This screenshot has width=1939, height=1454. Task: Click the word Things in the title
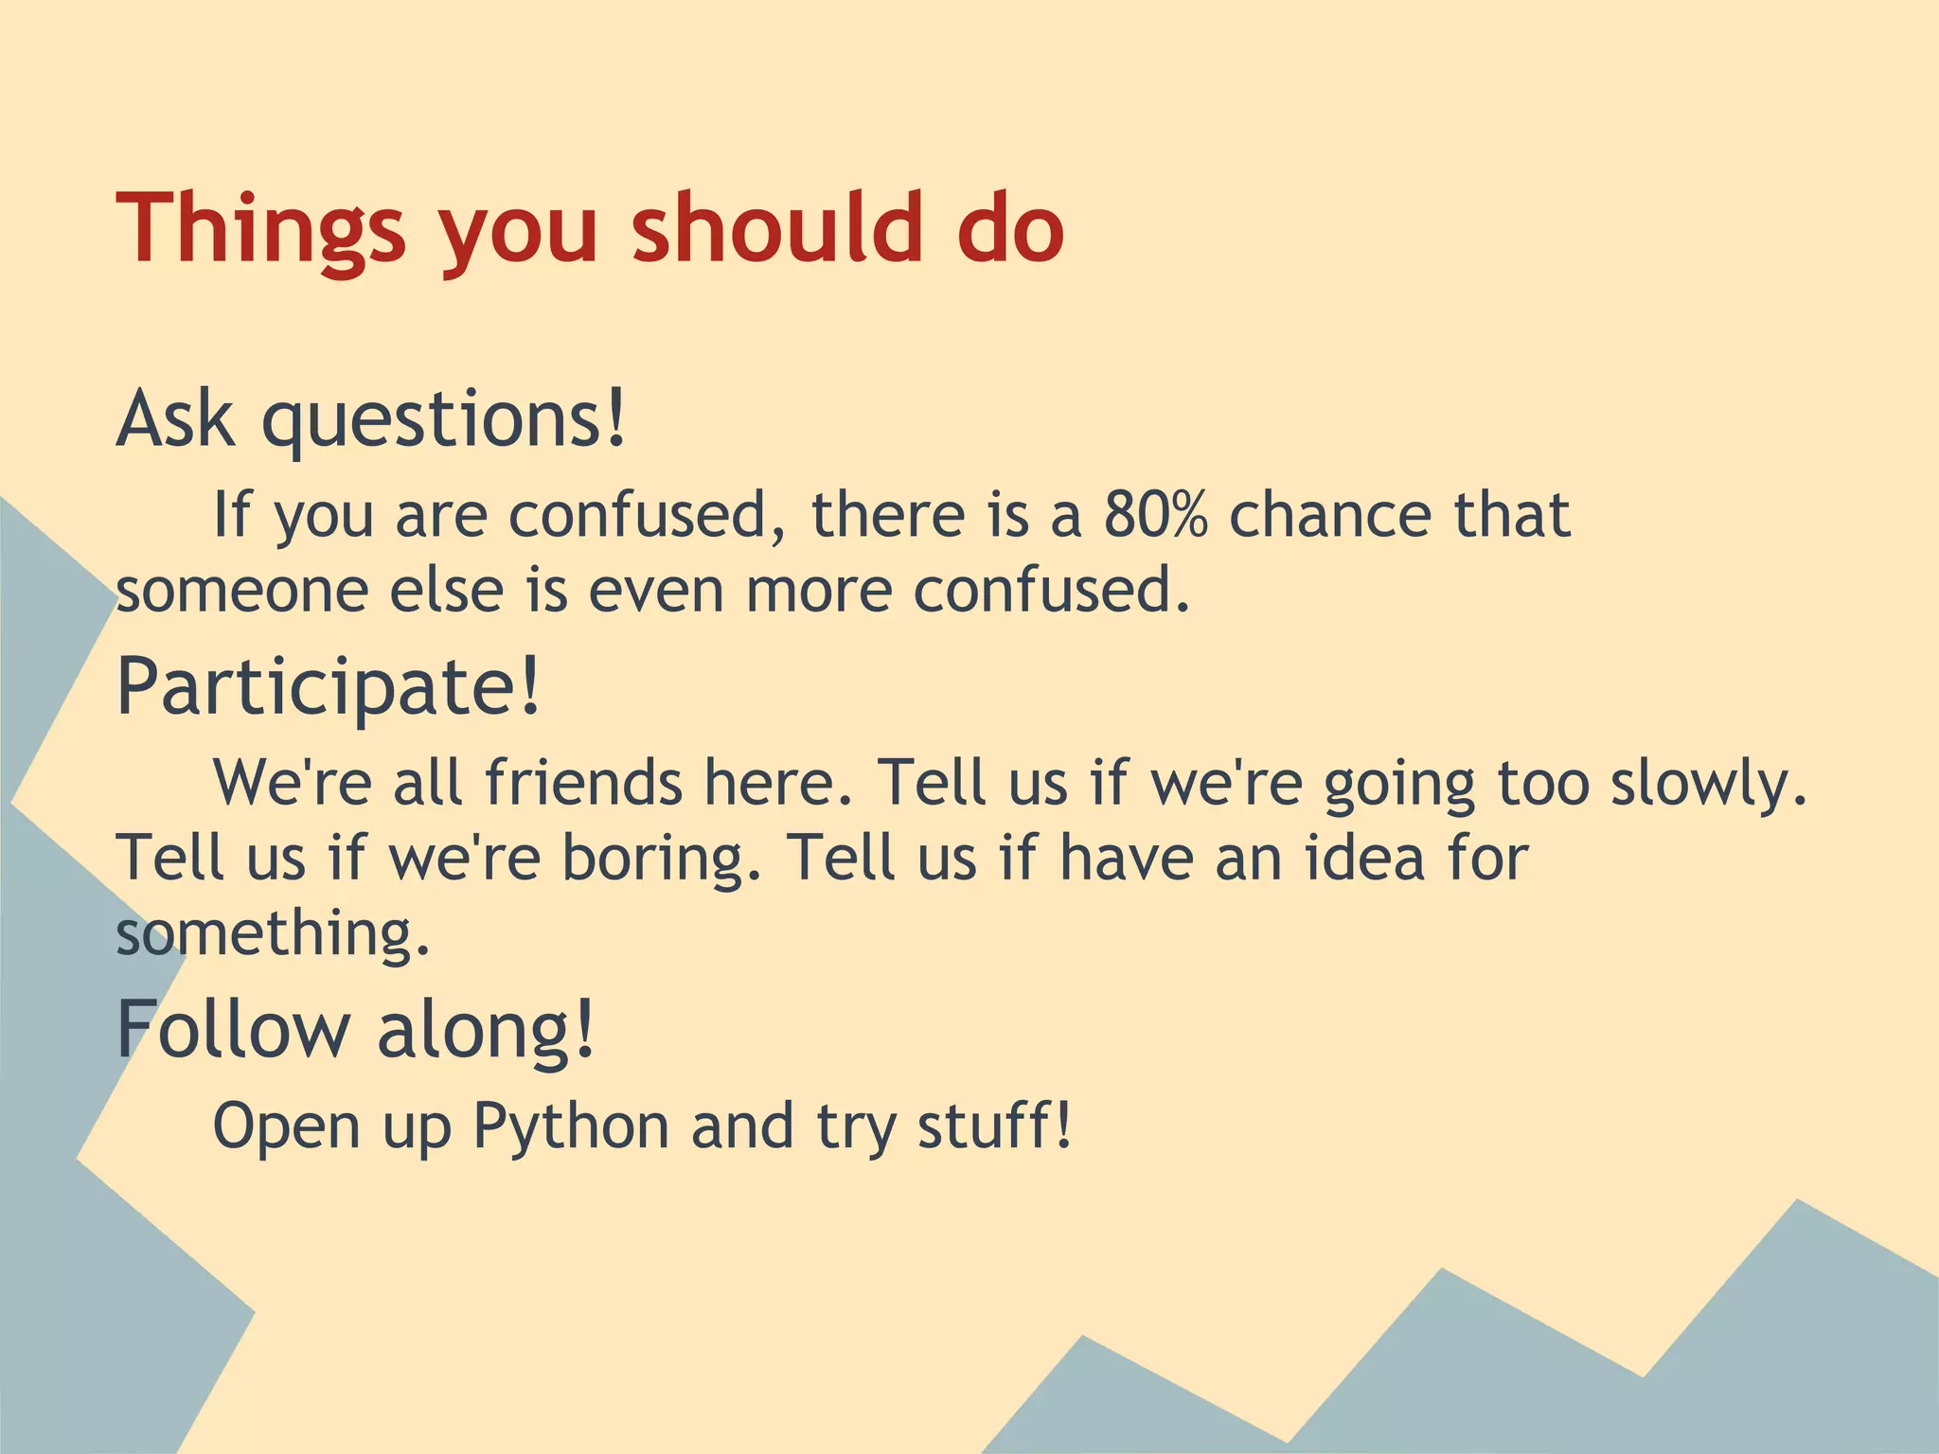[x=260, y=229]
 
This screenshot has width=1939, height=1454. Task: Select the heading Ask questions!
[x=371, y=420]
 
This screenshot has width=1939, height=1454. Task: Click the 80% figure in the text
[x=1155, y=515]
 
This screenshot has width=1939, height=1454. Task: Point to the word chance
[x=1330, y=515]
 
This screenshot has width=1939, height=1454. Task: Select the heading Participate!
[x=329, y=687]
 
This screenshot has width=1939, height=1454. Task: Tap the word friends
[x=583, y=784]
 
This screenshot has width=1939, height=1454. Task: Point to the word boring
[x=662, y=858]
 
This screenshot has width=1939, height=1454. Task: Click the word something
[x=273, y=933]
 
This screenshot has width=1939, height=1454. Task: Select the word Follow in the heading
[x=233, y=1030]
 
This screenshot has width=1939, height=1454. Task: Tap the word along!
[x=487, y=1030]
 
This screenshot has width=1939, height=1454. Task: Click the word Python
[x=571, y=1126]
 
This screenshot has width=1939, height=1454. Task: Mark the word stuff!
[x=995, y=1126]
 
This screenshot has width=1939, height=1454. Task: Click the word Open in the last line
[x=287, y=1126]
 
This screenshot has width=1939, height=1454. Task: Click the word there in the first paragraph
[x=888, y=515]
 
